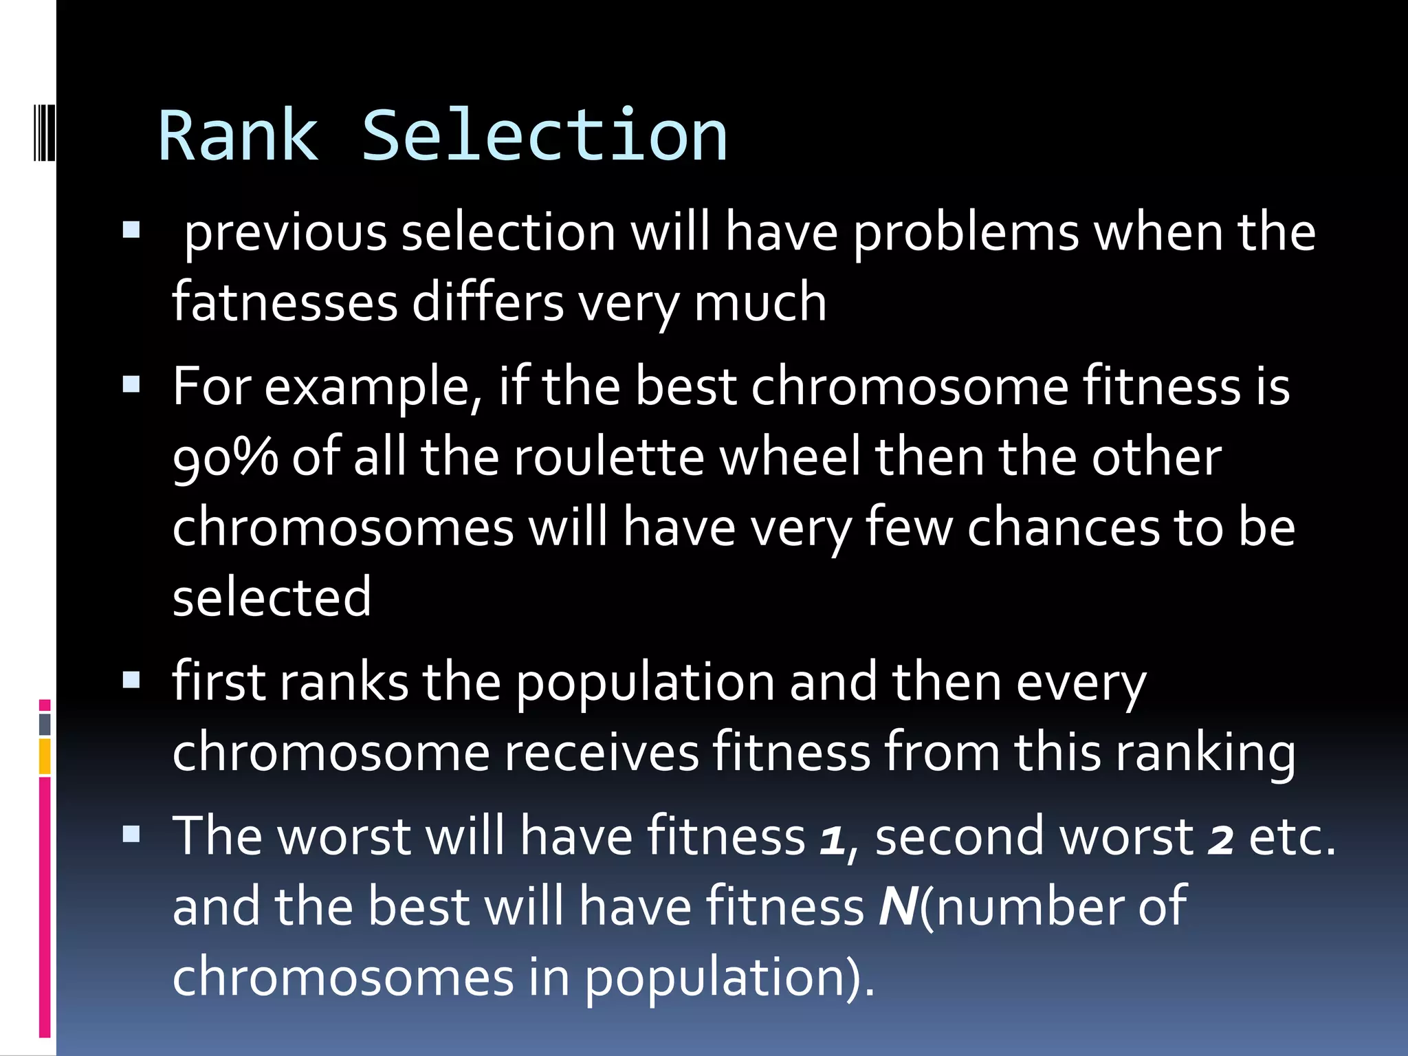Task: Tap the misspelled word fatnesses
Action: [x=285, y=302]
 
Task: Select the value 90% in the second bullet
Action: [x=225, y=457]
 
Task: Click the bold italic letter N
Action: [x=898, y=907]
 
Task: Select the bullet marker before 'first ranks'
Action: [x=131, y=680]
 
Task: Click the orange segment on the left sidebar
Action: [x=45, y=756]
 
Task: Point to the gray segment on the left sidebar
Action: [x=45, y=724]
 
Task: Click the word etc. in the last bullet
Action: [x=1291, y=837]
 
